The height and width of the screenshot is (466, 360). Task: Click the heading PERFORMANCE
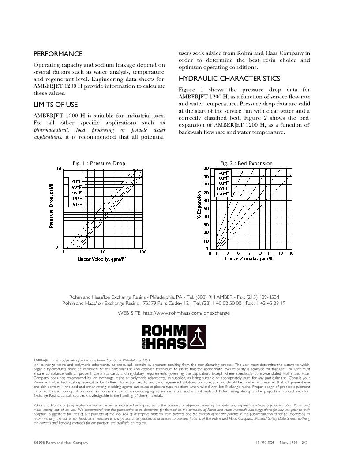point(58,54)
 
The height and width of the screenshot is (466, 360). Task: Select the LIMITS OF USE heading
point(56,105)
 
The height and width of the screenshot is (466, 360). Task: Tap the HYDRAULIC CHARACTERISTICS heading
point(229,79)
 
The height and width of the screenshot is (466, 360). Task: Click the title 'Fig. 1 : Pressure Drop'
point(99,163)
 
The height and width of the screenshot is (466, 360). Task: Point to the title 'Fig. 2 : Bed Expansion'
point(246,163)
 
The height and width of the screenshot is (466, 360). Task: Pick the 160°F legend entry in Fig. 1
point(77,204)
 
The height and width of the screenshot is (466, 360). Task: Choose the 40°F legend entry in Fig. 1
point(77,181)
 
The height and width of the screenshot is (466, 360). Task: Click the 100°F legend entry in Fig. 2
point(223,189)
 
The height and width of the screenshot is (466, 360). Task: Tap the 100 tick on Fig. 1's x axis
point(142,252)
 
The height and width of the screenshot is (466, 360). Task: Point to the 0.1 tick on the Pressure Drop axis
point(58,248)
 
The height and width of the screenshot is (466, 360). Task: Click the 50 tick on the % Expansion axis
point(206,208)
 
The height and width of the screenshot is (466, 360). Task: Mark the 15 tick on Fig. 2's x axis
point(291,253)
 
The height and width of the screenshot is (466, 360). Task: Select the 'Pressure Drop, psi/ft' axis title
point(52,206)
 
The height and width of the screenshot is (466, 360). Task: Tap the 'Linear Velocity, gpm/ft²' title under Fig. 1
point(102,259)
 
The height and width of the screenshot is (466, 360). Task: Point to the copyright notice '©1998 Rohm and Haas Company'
point(61,443)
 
